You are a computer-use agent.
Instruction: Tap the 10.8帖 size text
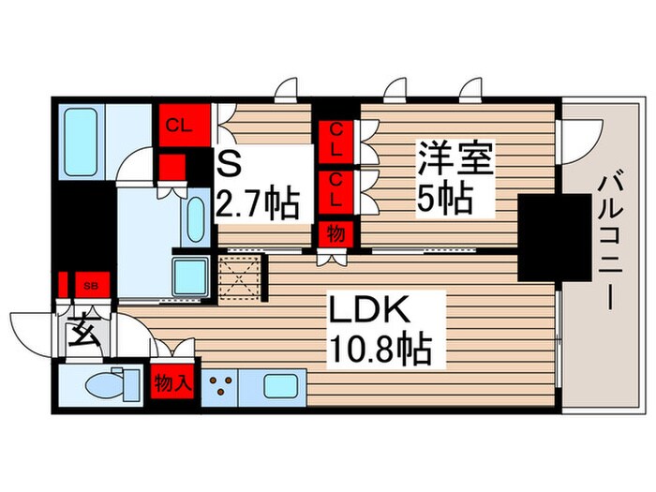click(379, 350)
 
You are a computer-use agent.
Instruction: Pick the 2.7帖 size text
click(259, 202)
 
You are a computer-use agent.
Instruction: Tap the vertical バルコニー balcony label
click(606, 239)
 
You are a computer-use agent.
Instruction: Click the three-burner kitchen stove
click(222, 386)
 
